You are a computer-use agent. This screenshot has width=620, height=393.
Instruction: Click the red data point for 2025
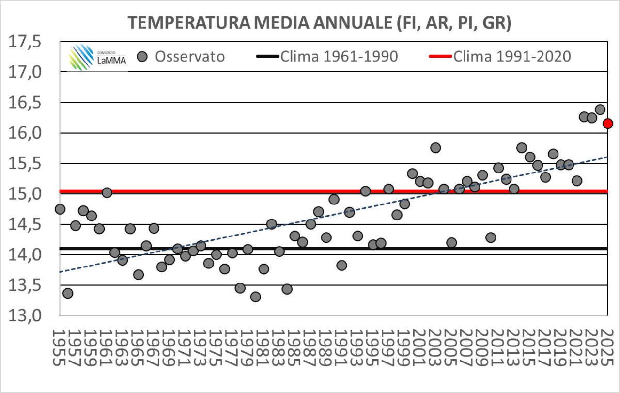tap(608, 124)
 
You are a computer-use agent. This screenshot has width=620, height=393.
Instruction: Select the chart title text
tap(319, 23)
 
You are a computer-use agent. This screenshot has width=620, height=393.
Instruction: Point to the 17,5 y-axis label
tap(30, 42)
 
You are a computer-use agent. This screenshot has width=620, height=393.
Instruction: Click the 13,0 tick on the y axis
tap(30, 315)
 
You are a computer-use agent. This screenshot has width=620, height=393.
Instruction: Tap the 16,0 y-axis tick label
tap(30, 133)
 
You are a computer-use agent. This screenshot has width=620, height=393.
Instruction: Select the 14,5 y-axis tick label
tap(30, 224)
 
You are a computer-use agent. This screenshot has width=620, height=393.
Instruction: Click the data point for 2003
tap(435, 148)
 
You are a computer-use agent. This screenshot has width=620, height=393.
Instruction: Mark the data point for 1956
tap(68, 293)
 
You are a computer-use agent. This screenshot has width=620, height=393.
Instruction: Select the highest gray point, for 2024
tap(600, 110)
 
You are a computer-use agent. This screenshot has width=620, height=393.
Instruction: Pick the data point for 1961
tap(107, 193)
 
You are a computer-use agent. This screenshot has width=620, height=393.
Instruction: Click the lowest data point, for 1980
tap(256, 297)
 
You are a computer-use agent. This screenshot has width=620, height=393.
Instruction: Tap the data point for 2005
tap(451, 242)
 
